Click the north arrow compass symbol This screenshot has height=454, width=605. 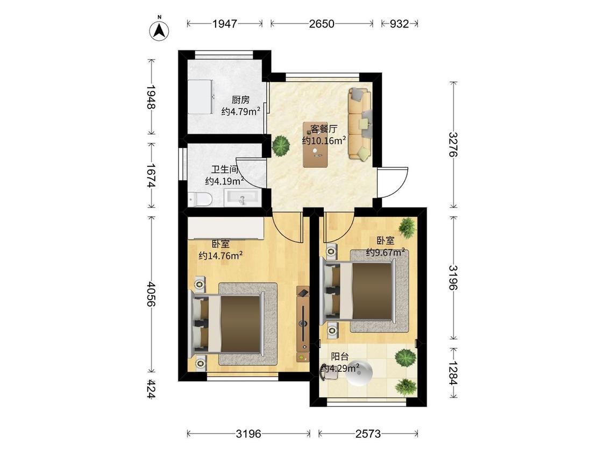click(159, 30)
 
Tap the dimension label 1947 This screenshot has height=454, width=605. click(225, 24)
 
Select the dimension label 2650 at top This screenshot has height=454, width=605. click(322, 24)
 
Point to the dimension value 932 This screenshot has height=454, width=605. click(399, 24)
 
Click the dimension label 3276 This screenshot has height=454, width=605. click(453, 144)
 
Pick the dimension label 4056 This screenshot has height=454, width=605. click(151, 294)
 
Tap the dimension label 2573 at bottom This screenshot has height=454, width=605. click(368, 434)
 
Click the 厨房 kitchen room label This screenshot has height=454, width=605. click(240, 100)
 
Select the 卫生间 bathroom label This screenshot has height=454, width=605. click(225, 169)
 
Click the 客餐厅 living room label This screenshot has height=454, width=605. click(324, 129)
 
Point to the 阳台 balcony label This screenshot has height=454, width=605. click(340, 356)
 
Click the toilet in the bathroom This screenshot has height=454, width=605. click(200, 199)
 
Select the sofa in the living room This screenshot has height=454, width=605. click(360, 124)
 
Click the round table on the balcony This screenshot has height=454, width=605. click(359, 373)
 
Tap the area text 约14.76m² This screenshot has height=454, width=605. click(220, 255)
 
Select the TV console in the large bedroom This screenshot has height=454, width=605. click(303, 323)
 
